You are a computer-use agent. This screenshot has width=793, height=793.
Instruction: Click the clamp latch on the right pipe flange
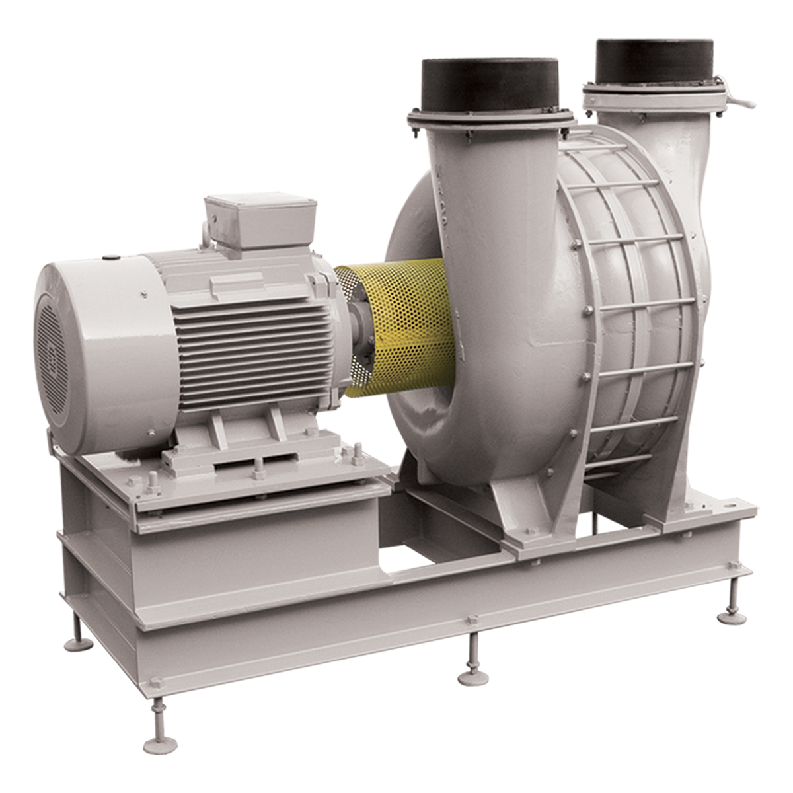(734, 99)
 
